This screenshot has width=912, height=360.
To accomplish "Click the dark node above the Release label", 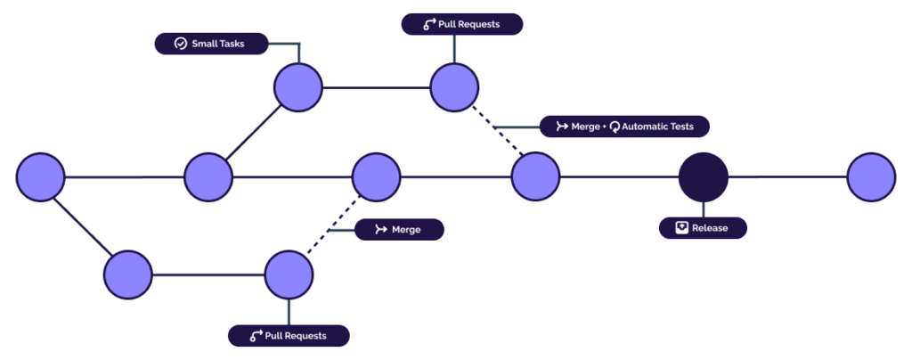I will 704,176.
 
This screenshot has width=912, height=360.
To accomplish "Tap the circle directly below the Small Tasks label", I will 297,87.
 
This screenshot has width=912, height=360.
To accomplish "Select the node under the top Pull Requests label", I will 455,87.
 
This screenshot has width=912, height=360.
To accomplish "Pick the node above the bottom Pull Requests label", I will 289,274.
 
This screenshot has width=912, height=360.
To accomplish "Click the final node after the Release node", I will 871,176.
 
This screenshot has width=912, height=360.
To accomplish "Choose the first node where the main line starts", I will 40,176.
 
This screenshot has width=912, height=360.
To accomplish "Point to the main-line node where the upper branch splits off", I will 208,176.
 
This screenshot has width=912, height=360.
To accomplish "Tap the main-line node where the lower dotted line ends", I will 377,176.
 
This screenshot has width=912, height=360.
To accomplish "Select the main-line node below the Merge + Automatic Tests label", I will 535,176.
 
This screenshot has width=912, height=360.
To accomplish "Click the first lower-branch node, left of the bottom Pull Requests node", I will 128,274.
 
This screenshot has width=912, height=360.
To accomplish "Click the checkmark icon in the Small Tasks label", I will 180,44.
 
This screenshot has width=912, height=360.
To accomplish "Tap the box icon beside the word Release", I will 681,228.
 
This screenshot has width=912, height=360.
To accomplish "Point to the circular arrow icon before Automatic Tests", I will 615,127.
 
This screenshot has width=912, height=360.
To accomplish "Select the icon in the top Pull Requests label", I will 428,24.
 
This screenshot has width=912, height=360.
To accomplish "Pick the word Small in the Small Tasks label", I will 206,44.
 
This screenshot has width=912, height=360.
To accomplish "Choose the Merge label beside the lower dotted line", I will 399,230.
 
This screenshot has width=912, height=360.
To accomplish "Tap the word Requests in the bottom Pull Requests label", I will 306,336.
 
